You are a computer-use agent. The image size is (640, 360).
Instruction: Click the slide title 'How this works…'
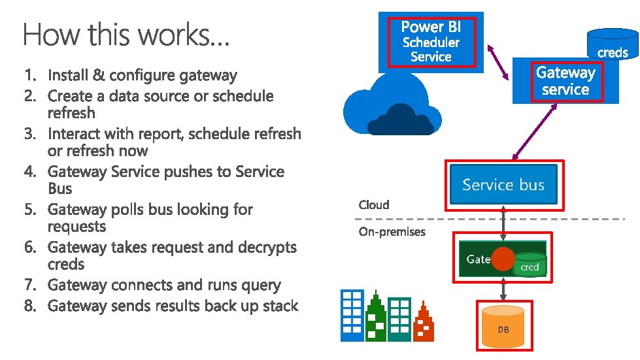click(x=126, y=34)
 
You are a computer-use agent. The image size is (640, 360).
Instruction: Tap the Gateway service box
click(x=565, y=81)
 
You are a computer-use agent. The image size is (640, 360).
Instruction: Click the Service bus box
click(x=503, y=185)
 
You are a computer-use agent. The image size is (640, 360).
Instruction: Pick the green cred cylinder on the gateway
click(x=530, y=264)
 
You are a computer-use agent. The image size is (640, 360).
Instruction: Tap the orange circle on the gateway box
click(x=503, y=259)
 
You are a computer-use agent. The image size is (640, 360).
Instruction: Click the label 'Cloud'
click(x=374, y=205)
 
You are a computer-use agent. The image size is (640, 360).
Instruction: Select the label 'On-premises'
click(x=392, y=232)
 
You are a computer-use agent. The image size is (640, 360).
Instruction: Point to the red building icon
click(x=424, y=326)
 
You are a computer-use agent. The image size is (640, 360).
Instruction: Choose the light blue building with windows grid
click(x=352, y=316)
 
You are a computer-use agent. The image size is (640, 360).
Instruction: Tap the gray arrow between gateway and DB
click(x=503, y=288)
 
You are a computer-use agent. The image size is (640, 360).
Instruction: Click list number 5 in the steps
click(x=29, y=210)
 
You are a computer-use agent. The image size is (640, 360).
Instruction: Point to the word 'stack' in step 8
click(x=279, y=306)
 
